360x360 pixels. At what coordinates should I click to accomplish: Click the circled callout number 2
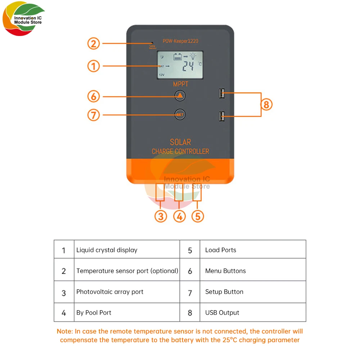93,44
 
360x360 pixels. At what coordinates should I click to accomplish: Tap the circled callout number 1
93,66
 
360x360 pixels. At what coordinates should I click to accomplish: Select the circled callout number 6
93,96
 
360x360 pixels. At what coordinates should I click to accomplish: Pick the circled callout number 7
93,115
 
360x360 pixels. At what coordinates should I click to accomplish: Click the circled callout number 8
266,105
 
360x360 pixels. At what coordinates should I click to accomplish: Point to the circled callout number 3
161,216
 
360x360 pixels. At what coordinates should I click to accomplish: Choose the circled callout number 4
179,216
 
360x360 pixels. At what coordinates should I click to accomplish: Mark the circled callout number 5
198,216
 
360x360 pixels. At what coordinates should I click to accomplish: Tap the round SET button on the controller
180,114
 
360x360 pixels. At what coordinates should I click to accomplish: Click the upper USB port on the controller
221,94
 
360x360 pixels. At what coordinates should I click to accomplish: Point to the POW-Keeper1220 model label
180,41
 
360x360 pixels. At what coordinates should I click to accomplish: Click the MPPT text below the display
180,85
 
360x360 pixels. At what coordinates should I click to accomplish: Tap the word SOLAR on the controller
180,142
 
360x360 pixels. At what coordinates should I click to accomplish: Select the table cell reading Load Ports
221,250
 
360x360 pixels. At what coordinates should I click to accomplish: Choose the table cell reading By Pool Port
94,312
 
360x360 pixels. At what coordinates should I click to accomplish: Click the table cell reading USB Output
222,312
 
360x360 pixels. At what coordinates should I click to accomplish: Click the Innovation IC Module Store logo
23,20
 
